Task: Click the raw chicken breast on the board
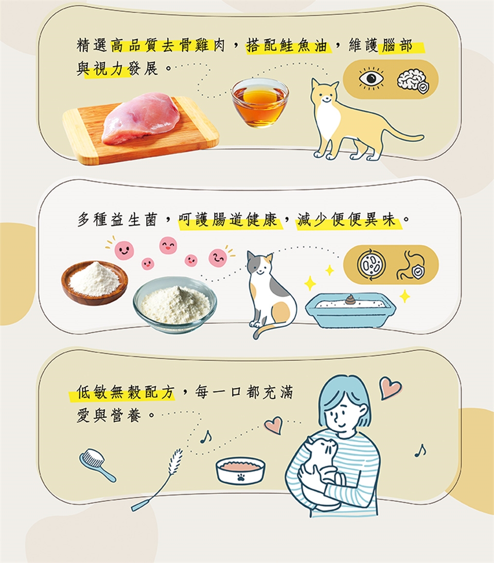coord(140,118)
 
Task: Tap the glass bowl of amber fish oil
coord(260,103)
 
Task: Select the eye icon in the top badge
coord(371,78)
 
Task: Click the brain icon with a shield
coord(413,81)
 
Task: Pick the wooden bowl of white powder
coord(94,282)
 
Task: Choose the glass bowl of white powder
coord(175,304)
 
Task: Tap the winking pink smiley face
coord(218,258)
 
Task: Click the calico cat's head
coord(260,266)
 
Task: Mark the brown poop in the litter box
coord(350,299)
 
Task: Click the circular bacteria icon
coord(372,265)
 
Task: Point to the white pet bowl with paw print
coord(240,470)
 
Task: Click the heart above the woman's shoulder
coord(390,387)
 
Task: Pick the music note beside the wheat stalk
coord(205,437)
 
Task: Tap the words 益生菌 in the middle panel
coord(134,219)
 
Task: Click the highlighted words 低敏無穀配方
coord(125,392)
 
